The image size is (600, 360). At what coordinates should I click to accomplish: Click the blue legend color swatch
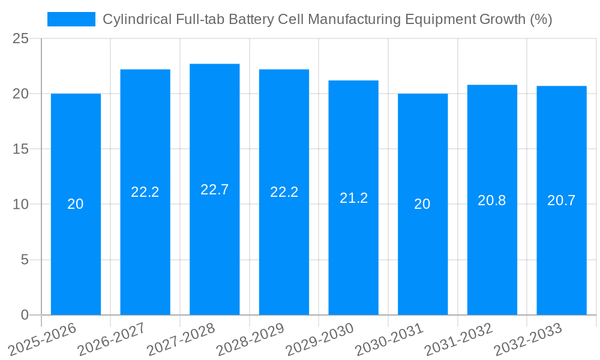(71, 19)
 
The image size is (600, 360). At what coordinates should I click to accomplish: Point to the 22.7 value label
(215, 190)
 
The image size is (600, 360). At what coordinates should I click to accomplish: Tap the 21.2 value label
(353, 198)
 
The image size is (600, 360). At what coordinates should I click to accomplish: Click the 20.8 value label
(492, 200)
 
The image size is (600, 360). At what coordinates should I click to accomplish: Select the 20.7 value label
(562, 200)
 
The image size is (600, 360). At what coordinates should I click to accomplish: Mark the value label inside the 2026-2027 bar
(145, 192)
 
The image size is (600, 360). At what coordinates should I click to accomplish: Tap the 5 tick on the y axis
(25, 260)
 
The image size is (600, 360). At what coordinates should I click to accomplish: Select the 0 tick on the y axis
(25, 315)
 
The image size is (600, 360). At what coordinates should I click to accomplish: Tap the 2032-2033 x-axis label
(527, 339)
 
